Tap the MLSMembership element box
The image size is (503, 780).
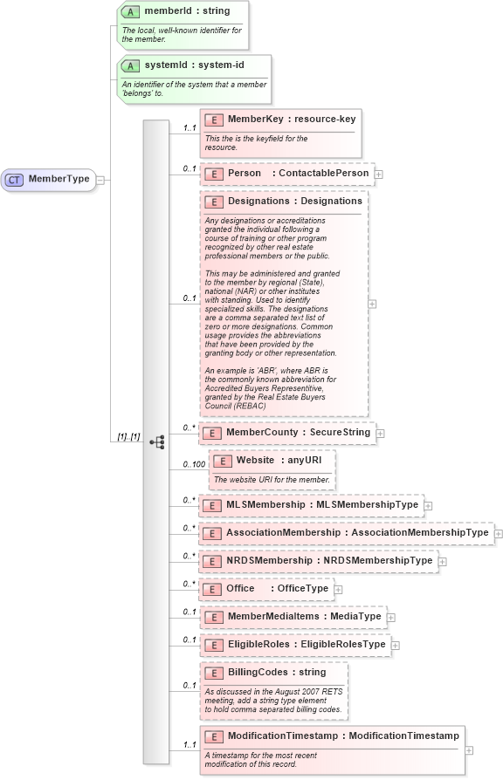pyautogui.click(x=311, y=505)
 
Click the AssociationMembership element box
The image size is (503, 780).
pyautogui.click(x=346, y=532)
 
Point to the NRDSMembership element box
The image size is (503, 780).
pyautogui.click(x=318, y=561)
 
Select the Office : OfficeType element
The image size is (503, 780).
pyautogui.click(x=266, y=589)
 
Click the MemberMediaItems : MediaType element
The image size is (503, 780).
pyautogui.click(x=293, y=617)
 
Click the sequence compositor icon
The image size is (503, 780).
pyautogui.click(x=157, y=442)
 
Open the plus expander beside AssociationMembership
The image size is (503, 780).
pyautogui.click(x=499, y=533)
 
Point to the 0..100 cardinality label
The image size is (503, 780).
pyautogui.click(x=194, y=464)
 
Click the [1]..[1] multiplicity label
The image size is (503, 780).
pyautogui.click(x=129, y=436)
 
